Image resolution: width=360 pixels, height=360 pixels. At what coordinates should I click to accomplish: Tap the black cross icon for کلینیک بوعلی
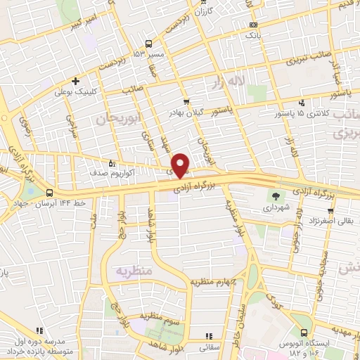[75, 80]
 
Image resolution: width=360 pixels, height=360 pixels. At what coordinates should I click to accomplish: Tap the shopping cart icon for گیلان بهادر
[186, 103]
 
